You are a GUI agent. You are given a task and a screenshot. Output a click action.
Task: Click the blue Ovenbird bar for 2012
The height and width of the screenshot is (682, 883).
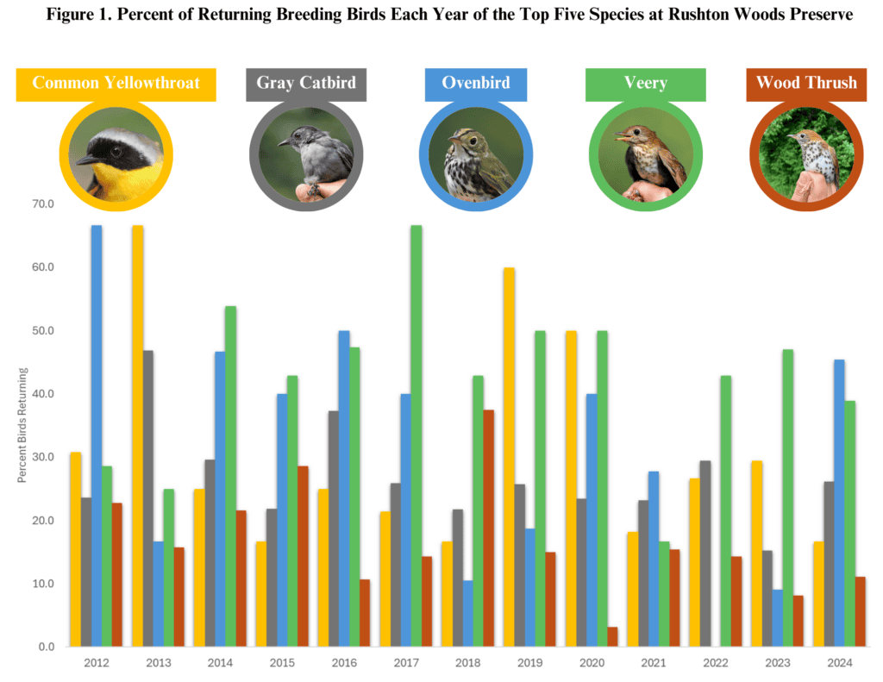[97, 435]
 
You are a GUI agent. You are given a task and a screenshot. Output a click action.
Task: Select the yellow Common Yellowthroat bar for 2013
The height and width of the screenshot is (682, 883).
[137, 435]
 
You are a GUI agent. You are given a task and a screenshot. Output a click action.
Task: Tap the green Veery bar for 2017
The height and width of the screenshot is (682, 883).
[416, 435]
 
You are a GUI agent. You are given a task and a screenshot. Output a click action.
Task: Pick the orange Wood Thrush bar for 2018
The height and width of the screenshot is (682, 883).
[488, 528]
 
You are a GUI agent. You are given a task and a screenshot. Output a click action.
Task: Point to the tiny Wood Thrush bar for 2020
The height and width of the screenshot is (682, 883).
[612, 636]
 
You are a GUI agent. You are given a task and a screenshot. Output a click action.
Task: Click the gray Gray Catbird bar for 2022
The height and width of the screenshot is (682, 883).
[705, 553]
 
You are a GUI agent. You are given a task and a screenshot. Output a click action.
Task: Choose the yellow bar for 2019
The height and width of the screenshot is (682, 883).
[509, 457]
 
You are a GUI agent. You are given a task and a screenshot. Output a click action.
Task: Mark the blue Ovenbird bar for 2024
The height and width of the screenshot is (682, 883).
[839, 503]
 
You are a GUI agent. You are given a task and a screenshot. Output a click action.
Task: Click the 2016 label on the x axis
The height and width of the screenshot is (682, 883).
[344, 663]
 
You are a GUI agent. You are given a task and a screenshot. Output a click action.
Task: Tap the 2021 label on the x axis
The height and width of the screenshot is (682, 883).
[654, 663]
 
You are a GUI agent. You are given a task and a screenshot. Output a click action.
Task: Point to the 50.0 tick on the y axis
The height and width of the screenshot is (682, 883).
[43, 330]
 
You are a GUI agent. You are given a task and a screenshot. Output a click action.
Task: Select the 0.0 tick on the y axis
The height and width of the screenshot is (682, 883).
[47, 647]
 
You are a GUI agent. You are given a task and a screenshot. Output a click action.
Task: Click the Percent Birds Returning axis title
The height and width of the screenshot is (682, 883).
[22, 425]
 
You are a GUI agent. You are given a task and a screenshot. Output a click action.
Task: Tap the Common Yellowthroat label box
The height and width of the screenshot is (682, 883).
[116, 84]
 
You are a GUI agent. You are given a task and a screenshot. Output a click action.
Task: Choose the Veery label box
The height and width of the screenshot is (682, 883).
[645, 84]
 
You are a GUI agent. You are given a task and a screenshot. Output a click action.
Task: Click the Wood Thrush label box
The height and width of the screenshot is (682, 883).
[806, 84]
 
